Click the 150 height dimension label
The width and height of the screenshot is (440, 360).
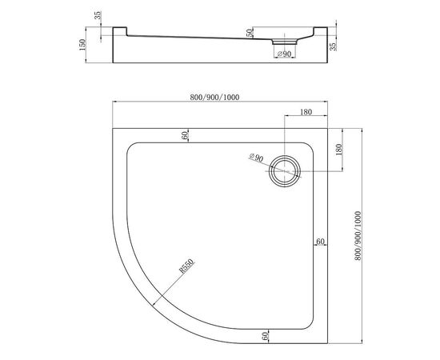click(82, 45)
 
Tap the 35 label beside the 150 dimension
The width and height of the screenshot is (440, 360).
click(98, 15)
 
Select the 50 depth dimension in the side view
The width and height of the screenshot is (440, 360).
click(250, 33)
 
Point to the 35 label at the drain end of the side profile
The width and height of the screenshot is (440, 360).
click(333, 46)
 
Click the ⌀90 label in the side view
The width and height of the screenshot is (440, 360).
click(284, 54)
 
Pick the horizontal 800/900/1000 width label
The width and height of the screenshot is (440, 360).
click(214, 97)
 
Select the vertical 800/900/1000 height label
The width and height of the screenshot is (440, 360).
click(358, 236)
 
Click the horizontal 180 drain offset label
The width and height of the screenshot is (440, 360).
click(306, 112)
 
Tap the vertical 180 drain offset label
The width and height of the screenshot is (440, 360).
click(338, 150)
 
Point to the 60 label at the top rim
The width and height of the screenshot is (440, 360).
click(185, 135)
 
